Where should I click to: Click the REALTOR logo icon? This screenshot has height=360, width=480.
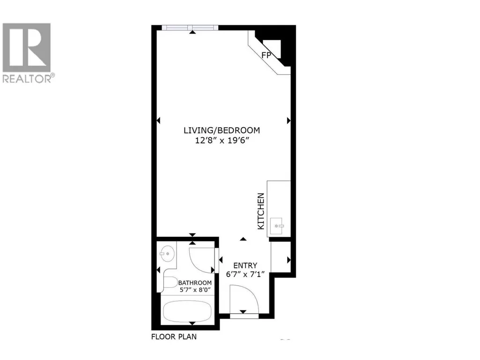click(x=27, y=47)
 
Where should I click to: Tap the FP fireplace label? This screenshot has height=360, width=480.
click(x=266, y=55)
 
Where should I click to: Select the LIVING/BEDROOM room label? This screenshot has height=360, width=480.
click(x=222, y=131)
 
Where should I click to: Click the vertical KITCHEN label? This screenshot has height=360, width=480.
click(x=261, y=211)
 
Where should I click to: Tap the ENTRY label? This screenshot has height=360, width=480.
click(x=245, y=265)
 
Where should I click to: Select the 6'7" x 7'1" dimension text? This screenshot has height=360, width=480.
click(x=245, y=274)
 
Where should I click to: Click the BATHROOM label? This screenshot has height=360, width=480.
click(x=195, y=283)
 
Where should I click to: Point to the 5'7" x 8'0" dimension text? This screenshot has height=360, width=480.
click(x=195, y=290)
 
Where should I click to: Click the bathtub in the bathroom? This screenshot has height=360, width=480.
click(x=187, y=311)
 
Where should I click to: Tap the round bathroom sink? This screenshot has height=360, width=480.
click(x=167, y=253)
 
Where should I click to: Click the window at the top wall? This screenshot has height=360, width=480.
click(x=190, y=28)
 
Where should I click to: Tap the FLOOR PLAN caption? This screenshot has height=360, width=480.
click(x=174, y=337)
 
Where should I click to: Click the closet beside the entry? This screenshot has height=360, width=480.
click(x=281, y=257)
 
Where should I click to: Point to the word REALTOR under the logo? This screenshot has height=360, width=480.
click(x=27, y=79)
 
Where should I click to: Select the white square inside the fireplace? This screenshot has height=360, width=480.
click(x=273, y=48)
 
